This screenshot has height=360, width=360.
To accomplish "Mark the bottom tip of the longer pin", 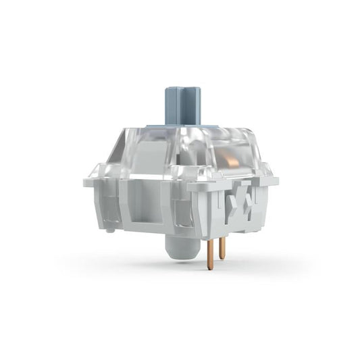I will point(210,267).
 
